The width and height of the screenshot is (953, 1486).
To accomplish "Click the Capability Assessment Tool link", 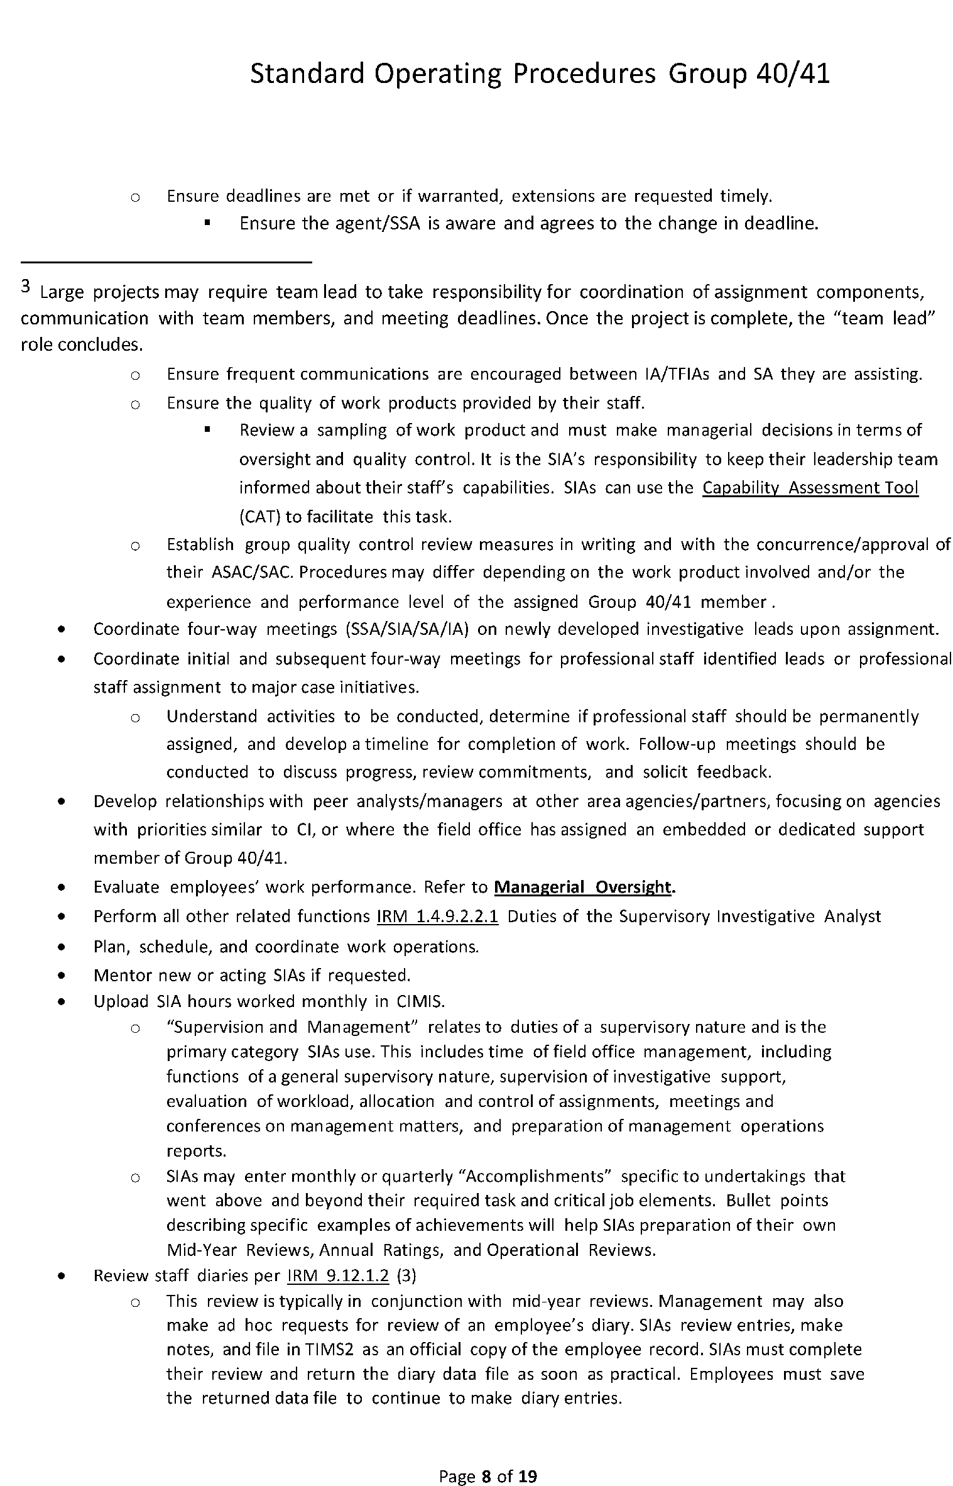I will point(810,488).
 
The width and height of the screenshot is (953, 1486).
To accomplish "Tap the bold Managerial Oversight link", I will point(584,887).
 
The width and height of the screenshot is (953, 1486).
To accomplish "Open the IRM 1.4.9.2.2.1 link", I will point(437,916).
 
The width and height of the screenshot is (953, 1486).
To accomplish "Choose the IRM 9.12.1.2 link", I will point(338,1275).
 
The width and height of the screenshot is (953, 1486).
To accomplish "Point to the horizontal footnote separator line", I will point(166,261).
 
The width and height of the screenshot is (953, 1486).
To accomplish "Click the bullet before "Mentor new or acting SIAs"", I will point(61,976).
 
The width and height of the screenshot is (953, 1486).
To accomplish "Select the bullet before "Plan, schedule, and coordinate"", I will point(61,947).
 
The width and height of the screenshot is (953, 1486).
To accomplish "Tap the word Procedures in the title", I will point(584,74).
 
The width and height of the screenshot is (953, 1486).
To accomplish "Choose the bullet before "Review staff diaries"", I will point(61,1276).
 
